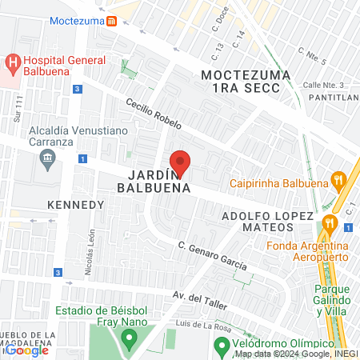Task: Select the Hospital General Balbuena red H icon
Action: point(12,62)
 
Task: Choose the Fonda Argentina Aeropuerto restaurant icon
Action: point(328,222)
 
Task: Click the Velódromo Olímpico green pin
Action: point(222,346)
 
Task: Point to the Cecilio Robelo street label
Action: point(154,114)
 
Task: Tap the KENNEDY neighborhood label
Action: point(76,205)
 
